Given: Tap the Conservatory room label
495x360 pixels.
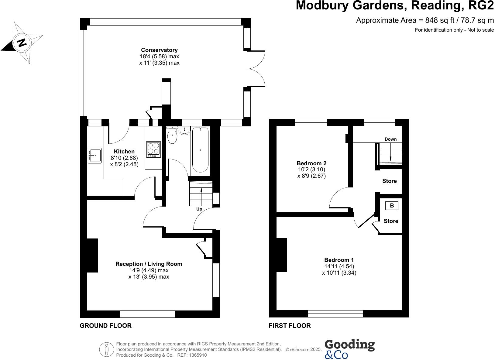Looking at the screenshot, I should pos(159,50).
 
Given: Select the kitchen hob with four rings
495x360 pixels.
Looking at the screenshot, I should pos(153,149).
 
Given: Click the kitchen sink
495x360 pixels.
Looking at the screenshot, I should pos(95,156).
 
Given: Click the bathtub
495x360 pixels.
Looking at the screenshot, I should pos(200,150).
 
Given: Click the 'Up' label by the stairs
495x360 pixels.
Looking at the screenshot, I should pos(199,209).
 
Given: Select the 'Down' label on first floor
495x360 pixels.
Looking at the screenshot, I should pos(390,139).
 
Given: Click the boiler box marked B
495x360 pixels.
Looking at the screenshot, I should pos(392,206).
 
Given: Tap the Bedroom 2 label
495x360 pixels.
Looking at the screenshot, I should pos(311,163).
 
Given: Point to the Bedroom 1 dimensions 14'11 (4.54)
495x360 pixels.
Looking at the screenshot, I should pos(339,266).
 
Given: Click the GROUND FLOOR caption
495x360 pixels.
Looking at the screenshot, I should pos(105,326).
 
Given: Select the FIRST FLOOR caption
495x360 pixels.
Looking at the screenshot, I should pos(290,326).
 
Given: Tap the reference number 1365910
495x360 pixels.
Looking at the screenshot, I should pos(198,355).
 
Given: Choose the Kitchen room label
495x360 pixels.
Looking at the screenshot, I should pos(124,152).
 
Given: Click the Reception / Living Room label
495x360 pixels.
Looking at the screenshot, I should pos(149,264).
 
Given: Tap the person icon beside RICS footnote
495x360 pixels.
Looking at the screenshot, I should pos(107,350).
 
